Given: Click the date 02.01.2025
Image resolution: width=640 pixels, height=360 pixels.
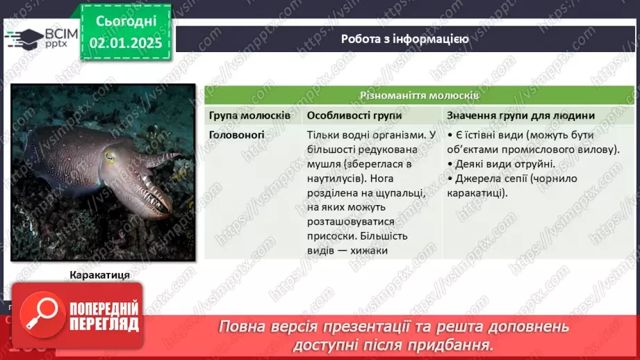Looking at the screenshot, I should (x=126, y=43).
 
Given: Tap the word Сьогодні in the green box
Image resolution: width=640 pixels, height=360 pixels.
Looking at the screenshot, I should (x=126, y=21).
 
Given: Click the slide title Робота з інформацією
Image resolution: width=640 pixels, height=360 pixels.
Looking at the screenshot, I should (x=404, y=39).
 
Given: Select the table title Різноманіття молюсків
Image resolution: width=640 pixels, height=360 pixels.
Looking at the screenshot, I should (x=418, y=95).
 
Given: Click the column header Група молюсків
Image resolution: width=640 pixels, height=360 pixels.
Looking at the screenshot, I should (x=250, y=115).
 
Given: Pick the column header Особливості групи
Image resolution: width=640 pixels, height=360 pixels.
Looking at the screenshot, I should (x=353, y=115).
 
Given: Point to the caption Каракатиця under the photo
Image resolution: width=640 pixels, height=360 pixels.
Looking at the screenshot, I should (x=100, y=275).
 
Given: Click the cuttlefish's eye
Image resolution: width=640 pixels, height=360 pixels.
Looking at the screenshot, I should (x=110, y=157).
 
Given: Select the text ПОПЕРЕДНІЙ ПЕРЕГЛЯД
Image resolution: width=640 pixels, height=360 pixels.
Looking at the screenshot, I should (x=104, y=316).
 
